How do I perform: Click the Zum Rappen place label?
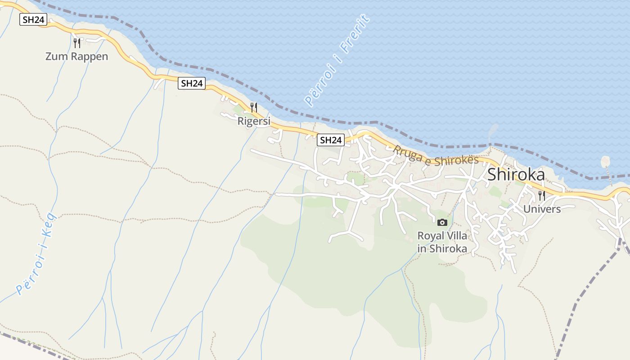(x=76, y=57)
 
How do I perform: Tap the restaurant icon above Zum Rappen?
(x=77, y=43)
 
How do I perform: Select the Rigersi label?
(x=254, y=121)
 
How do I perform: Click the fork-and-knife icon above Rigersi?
(x=254, y=108)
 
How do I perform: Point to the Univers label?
(x=542, y=209)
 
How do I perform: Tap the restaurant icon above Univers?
(x=542, y=196)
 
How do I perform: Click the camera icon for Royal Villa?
(x=442, y=222)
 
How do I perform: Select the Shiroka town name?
(x=516, y=175)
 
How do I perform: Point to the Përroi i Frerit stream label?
(x=337, y=60)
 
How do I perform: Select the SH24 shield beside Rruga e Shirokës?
(x=331, y=140)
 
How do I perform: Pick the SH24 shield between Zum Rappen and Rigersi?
(x=192, y=83)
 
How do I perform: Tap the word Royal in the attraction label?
(x=431, y=236)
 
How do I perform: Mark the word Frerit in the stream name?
(x=355, y=34)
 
